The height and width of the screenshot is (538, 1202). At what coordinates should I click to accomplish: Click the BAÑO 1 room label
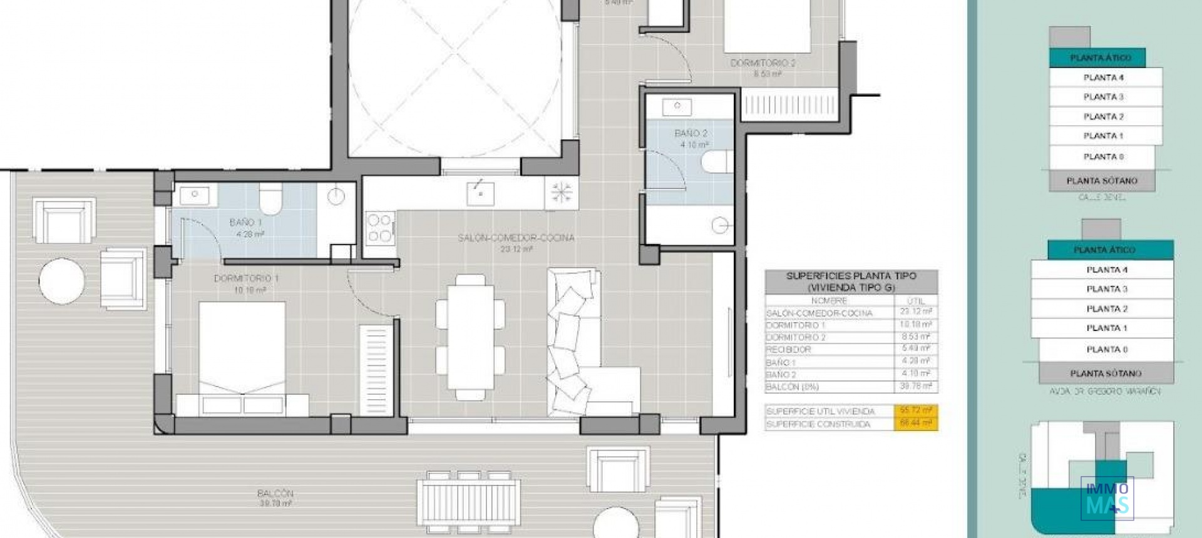tap(245, 222)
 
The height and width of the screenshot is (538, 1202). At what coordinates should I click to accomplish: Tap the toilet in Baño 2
tap(717, 161)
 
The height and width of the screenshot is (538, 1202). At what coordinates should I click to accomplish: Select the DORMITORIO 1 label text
tap(246, 278)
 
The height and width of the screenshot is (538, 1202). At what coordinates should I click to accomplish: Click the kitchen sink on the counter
tap(480, 193)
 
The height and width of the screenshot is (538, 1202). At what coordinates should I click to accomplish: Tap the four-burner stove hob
tap(379, 228)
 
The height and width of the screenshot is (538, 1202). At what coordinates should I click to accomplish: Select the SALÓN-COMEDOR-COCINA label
tap(516, 238)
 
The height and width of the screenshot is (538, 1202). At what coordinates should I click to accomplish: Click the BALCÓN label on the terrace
tap(275, 494)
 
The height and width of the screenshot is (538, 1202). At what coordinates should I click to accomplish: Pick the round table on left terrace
tap(61, 281)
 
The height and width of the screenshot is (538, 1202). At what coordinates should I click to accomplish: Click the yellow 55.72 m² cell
tap(916, 411)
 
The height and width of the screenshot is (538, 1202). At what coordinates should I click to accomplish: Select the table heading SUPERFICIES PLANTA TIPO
tap(851, 276)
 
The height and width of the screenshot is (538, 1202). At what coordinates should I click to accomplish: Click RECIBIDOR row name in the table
tap(789, 350)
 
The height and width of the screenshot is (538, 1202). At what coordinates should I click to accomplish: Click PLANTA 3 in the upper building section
tap(1103, 97)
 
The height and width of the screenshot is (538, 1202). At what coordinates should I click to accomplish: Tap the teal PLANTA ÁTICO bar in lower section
tap(1104, 250)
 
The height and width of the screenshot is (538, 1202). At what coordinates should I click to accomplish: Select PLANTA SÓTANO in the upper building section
tap(1102, 181)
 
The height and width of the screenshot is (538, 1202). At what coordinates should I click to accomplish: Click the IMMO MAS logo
tap(1107, 498)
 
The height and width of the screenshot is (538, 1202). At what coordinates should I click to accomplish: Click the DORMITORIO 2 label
tap(763, 63)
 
